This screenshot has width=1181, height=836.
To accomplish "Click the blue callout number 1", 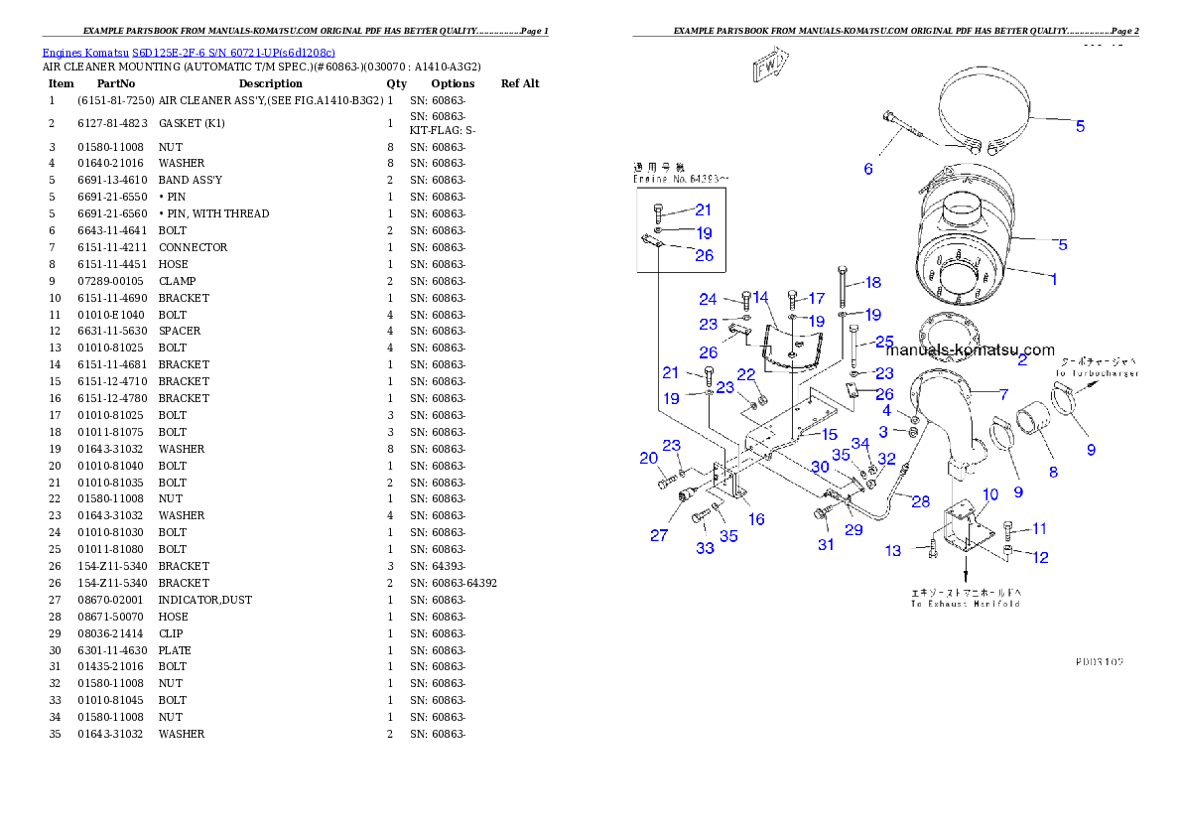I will tap(1053, 280).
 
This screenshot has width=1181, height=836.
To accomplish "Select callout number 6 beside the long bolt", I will tap(868, 170).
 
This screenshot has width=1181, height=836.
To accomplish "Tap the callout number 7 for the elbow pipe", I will tap(1003, 394).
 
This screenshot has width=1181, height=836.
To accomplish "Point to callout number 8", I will tap(1053, 473).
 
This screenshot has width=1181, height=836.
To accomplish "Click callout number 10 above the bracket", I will tap(990, 494).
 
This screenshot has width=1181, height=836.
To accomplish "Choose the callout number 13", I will tap(893, 551).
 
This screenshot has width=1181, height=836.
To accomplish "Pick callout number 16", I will tap(756, 519).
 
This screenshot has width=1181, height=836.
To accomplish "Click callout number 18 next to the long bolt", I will tap(872, 283).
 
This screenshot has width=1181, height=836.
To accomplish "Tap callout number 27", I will tap(659, 535).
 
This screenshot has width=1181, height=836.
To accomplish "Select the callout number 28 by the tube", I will tap(921, 501).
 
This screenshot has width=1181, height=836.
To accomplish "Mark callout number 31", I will tap(825, 544).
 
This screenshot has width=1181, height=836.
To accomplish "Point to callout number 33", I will tap(705, 548).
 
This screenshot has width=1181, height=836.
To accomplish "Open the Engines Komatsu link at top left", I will tap(189, 52).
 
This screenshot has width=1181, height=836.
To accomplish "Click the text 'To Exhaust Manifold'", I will tap(966, 604).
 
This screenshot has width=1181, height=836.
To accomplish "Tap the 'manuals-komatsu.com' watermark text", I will tap(970, 349).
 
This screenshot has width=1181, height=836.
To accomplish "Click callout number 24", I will tap(708, 299).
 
